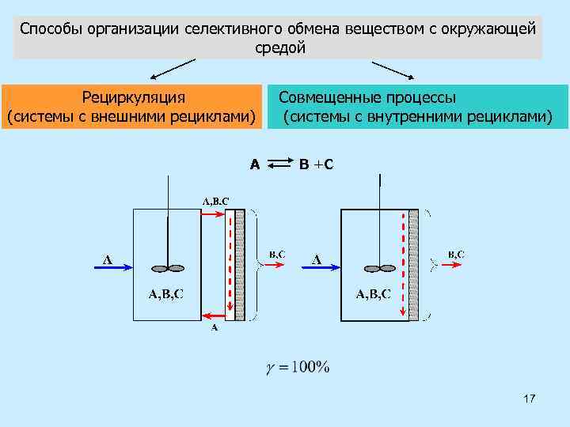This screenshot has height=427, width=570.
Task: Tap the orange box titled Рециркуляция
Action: click(133, 108)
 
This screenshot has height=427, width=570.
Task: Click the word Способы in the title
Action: click(47, 29)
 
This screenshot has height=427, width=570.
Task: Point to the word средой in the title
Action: click(279, 48)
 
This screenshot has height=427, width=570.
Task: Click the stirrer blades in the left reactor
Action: click(168, 267)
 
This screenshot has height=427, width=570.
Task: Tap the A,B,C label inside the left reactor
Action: click(166, 295)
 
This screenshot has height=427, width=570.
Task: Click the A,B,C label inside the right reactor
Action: click(373, 295)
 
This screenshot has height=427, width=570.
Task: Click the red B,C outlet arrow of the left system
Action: click(274, 266)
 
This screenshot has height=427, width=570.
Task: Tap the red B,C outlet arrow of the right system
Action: click(452, 266)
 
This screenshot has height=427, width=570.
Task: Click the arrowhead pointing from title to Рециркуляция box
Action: click(156, 77)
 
